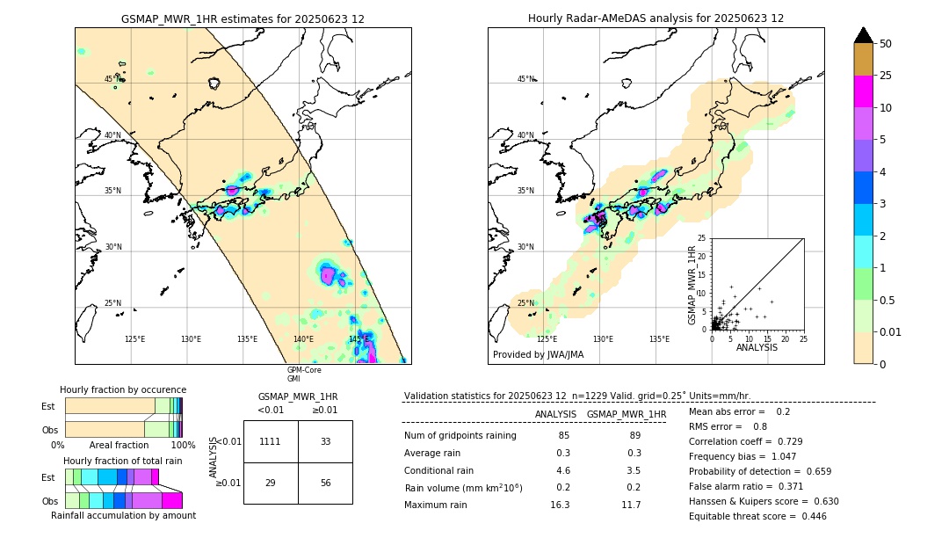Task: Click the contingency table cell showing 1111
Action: click(x=271, y=441)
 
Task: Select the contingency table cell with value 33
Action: click(x=325, y=441)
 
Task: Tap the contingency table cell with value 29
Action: click(x=271, y=483)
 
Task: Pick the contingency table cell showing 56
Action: click(x=325, y=483)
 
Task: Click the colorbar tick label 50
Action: click(x=886, y=44)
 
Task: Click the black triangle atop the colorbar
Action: click(x=864, y=35)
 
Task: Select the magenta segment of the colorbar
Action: click(x=864, y=91)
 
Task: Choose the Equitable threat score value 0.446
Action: click(x=806, y=516)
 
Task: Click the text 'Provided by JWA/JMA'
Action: click(x=538, y=355)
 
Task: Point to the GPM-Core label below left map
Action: click(x=304, y=370)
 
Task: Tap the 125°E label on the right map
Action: click(x=547, y=339)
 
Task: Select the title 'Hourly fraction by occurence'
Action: click(x=123, y=389)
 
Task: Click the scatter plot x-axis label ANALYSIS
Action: click(x=757, y=347)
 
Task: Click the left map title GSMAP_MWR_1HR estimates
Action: click(x=243, y=18)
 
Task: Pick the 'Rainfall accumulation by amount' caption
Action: click(x=123, y=515)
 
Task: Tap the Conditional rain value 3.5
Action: click(x=632, y=470)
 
